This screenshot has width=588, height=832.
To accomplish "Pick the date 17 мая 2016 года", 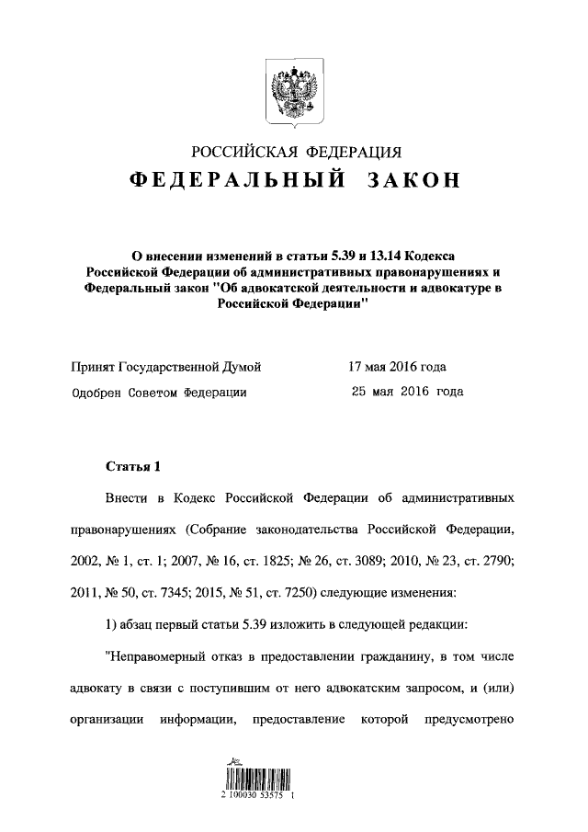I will click(398, 368).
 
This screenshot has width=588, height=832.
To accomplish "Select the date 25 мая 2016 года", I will click(408, 392).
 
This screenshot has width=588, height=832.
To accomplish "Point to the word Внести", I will click(129, 498).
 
